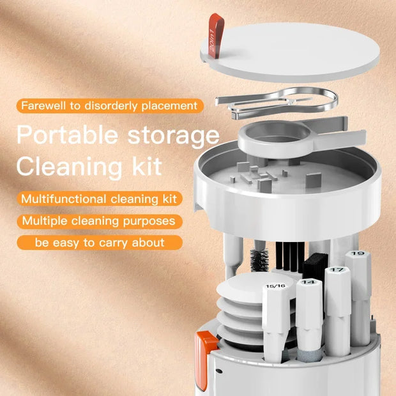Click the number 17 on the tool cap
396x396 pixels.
click(337, 271)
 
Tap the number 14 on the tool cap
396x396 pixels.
click(308, 282)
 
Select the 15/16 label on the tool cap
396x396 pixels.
click(277, 286)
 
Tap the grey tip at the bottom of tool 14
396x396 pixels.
click(308, 352)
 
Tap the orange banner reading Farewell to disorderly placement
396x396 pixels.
click(109, 105)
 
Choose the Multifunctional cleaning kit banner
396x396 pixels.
click(98, 199)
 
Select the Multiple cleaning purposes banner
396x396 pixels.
click(98, 221)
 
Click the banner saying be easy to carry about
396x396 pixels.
click(100, 243)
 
